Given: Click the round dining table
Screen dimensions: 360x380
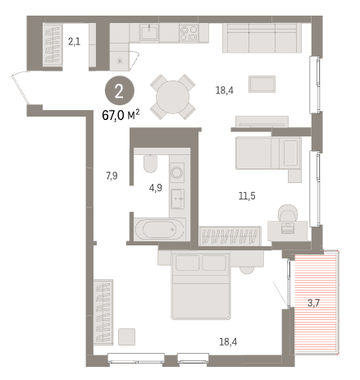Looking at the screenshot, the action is point(172,97).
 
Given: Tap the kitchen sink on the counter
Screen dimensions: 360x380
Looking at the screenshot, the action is point(149,32).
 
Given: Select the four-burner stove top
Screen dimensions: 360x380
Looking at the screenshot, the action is point(189,33).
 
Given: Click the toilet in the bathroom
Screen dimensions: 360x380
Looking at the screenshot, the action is point(150,163).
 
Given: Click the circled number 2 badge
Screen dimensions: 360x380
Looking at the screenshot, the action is point(120,91).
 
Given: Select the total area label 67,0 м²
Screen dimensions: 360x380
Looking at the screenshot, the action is point(121,115).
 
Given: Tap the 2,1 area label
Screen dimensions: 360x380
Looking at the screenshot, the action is point(75,42).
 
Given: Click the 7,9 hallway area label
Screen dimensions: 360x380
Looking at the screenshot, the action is point(112,176).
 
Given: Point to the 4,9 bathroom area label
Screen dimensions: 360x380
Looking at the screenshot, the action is point(156,188).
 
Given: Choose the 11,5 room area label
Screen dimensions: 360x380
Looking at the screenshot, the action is point(247,196).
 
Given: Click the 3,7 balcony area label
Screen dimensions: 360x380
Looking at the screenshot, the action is point(313,303).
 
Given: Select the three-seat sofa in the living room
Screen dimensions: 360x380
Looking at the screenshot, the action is point(262,38).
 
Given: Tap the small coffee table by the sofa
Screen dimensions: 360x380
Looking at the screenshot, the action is point(262,84).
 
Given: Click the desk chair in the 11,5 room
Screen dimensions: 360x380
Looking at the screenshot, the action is point(288,213).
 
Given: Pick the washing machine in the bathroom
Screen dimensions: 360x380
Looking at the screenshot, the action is point(176,172).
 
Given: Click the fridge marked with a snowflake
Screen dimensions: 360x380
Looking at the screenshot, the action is point(120,61).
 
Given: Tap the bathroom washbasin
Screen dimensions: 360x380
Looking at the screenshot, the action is point(177,199).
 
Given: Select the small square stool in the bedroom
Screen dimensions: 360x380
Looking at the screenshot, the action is point(126,337).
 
